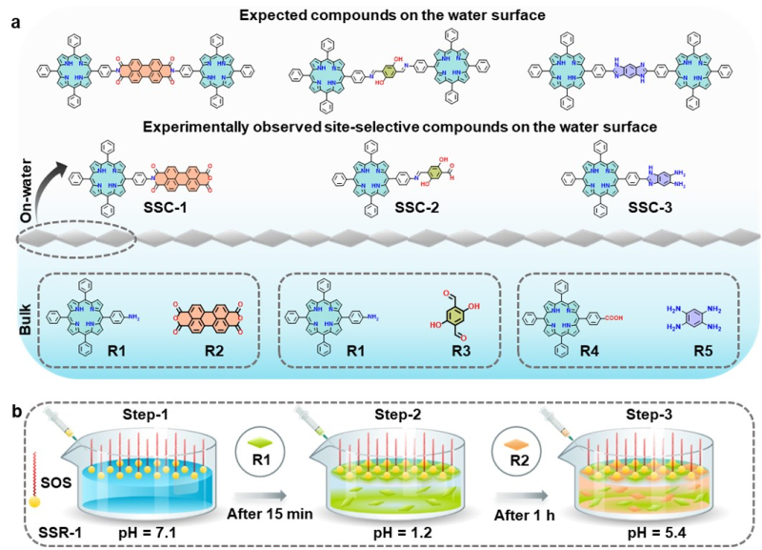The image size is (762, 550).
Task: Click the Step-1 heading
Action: [x=145, y=417]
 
